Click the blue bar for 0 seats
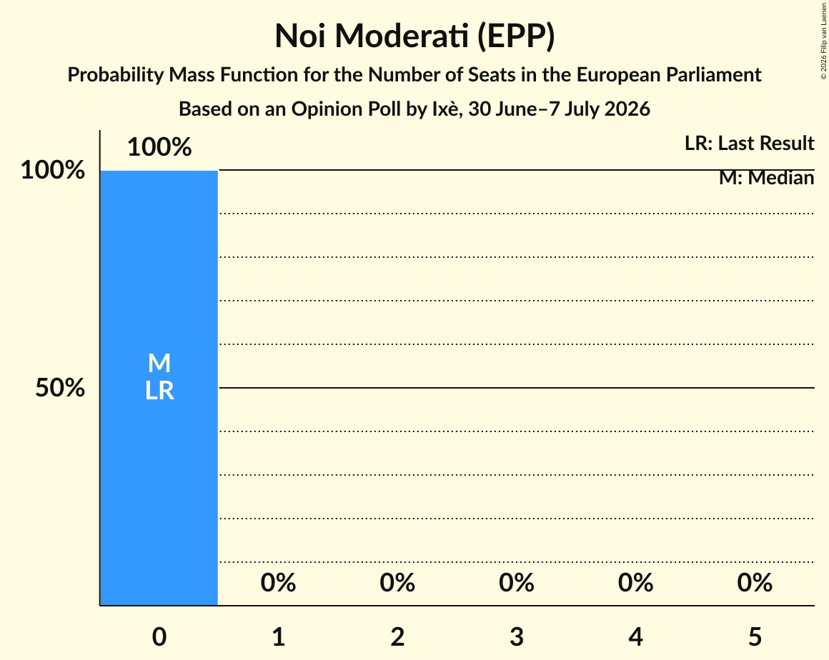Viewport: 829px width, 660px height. (x=159, y=388)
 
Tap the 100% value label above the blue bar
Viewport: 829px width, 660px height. (x=159, y=147)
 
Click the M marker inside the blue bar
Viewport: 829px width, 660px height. (x=159, y=364)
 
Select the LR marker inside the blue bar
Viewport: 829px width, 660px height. (x=159, y=391)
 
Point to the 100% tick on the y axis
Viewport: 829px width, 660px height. (x=53, y=170)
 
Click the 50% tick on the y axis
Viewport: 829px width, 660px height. (x=60, y=388)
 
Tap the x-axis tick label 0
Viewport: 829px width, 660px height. (x=159, y=636)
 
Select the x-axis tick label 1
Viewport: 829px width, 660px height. (x=279, y=636)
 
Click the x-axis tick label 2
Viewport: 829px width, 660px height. (x=397, y=636)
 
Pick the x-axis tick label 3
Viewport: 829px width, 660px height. (x=517, y=636)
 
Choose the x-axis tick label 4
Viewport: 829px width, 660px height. (x=635, y=636)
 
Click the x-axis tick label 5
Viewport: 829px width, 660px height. (x=755, y=636)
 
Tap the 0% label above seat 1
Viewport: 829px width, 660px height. (x=279, y=583)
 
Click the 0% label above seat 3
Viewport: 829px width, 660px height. (x=517, y=583)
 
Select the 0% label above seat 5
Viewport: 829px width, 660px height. (x=755, y=583)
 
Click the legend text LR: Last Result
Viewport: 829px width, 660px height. (x=749, y=143)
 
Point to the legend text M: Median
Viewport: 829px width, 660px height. (x=767, y=178)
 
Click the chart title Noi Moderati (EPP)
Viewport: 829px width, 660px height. (x=414, y=36)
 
